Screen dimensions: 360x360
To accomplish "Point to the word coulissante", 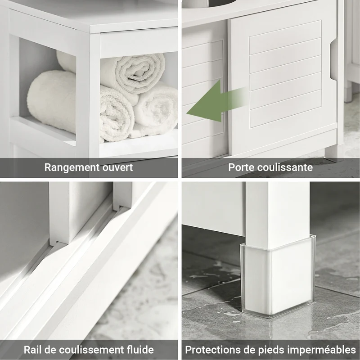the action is click(x=283, y=167).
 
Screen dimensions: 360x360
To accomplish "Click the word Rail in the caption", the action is click(x=32, y=350).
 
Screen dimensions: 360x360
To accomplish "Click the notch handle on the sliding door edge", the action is click(x=333, y=61).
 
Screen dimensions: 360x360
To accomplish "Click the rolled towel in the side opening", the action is click(x=52, y=101).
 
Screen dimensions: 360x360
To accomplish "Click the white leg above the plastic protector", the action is click(x=278, y=213).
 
